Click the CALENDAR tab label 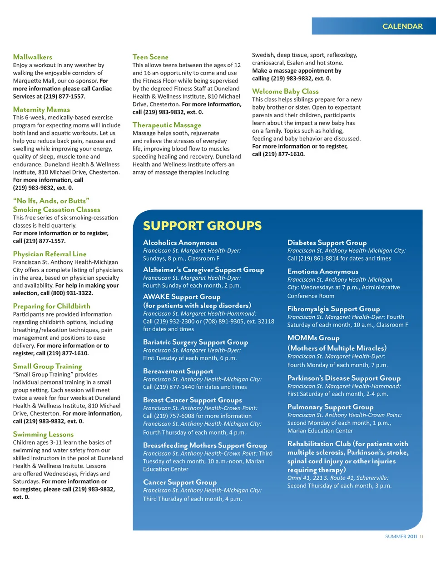coord(402,26)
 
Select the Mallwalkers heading coord(33,57)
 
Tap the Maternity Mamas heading coord(41,109)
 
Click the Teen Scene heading coord(150,57)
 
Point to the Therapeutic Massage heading coord(167,125)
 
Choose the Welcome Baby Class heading coord(285,91)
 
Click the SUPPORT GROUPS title coord(202,226)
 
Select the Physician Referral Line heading coord(50,254)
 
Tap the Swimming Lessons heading coord(43,434)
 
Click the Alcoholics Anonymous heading coord(180,243)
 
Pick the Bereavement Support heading coord(178,371)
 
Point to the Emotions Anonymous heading coord(322,271)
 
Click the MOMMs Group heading coord(313,338)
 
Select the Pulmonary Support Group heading coord(330,407)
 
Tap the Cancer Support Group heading coord(180,482)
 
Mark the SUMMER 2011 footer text coord(401,536)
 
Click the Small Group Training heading coord(47,366)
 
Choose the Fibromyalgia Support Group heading coord(333,309)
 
